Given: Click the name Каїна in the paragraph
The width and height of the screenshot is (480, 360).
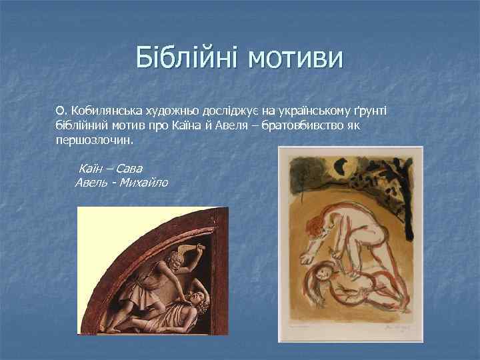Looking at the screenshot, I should [x=188, y=125].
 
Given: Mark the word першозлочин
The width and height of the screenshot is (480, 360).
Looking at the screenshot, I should [x=95, y=141].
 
